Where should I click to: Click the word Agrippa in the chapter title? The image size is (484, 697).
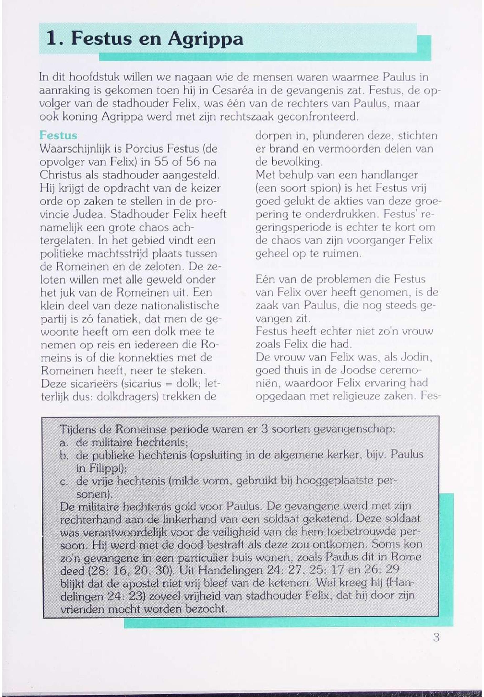[205, 39]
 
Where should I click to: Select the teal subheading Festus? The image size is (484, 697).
[58, 135]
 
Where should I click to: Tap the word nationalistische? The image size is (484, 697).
[180, 305]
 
